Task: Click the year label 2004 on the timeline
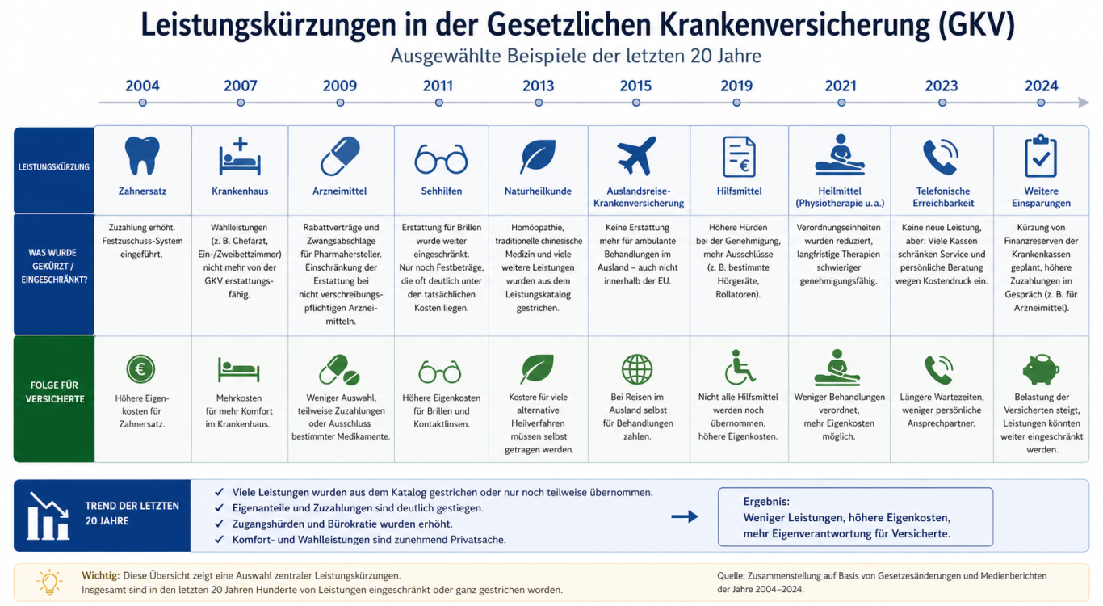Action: pos(142,86)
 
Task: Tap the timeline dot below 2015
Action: pos(636,103)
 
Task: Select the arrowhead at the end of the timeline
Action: pos(1084,103)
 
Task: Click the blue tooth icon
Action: pos(142,156)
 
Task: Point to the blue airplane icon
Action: pos(636,156)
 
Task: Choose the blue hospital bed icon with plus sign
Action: pos(240,157)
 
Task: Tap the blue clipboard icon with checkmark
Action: pos(1041,156)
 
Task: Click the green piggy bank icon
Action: pos(1041,370)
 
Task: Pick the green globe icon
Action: pos(636,369)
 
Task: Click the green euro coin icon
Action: pos(140,369)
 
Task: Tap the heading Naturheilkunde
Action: pos(538,191)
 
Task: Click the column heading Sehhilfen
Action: pos(441,191)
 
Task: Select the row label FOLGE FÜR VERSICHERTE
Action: pos(55,392)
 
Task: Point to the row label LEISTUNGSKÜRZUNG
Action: pos(54,167)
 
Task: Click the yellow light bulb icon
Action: pos(49,583)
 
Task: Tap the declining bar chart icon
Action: pos(48,516)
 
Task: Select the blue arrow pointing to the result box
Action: pos(685,516)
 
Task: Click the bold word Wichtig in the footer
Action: pos(100,575)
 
